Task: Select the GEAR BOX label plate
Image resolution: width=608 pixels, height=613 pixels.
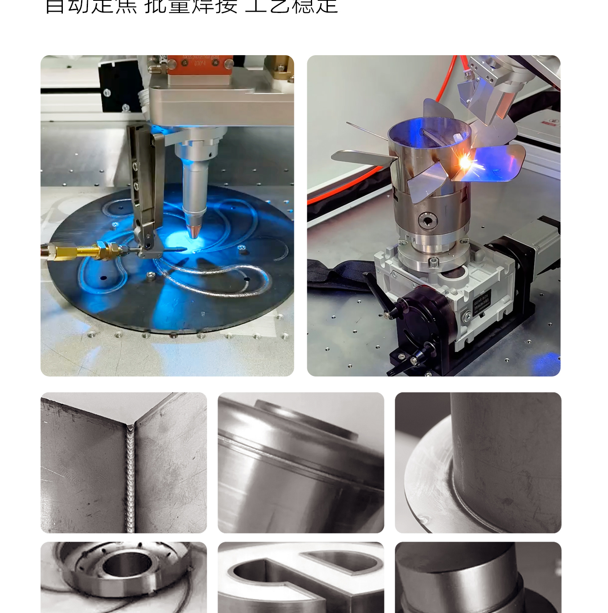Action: (482, 302)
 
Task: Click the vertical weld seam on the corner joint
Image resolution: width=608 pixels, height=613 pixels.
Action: (130, 479)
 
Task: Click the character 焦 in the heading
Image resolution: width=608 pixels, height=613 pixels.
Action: (126, 6)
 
